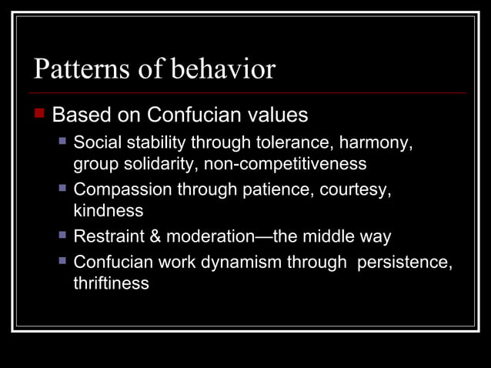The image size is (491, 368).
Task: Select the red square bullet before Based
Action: click(41, 115)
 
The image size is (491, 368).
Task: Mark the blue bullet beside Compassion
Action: click(63, 188)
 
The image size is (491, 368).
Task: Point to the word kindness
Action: click(109, 209)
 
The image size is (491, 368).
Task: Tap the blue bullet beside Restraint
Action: click(63, 234)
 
